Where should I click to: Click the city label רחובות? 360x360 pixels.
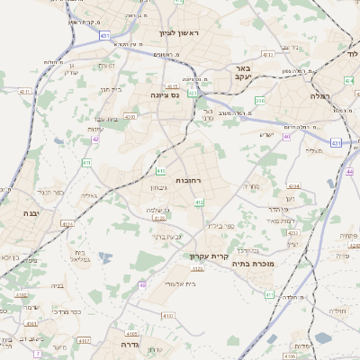(193, 181)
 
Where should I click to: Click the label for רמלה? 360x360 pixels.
(321, 94)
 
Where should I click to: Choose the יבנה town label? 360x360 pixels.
(30, 213)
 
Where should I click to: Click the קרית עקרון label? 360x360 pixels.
(205, 256)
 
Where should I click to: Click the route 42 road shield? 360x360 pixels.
(95, 139)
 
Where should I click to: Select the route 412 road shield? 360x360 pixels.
(199, 203)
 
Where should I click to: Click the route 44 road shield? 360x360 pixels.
(348, 170)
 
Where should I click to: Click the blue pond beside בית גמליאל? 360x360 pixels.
(106, 259)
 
